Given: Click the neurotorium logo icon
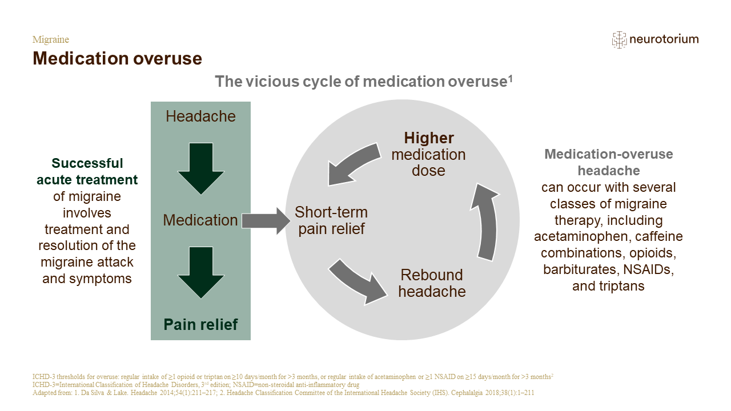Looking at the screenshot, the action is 619,40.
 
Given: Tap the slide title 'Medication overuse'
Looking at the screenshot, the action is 118,58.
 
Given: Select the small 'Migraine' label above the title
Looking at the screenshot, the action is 51,39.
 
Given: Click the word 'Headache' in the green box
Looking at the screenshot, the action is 200,116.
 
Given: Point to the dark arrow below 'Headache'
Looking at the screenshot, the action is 201,168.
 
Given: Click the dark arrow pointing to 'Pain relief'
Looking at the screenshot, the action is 201,273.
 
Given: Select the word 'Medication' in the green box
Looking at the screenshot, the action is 200,220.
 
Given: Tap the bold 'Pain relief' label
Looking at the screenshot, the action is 200,325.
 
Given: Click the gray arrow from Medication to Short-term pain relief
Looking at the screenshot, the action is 266,221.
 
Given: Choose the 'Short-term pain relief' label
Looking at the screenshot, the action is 331,220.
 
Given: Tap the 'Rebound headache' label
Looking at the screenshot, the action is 432,283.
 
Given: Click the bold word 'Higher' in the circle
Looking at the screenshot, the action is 429,138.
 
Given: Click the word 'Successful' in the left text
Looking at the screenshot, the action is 87,163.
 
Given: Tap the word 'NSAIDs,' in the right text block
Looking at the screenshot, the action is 648,270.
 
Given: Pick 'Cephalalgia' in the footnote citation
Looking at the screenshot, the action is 467,393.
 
